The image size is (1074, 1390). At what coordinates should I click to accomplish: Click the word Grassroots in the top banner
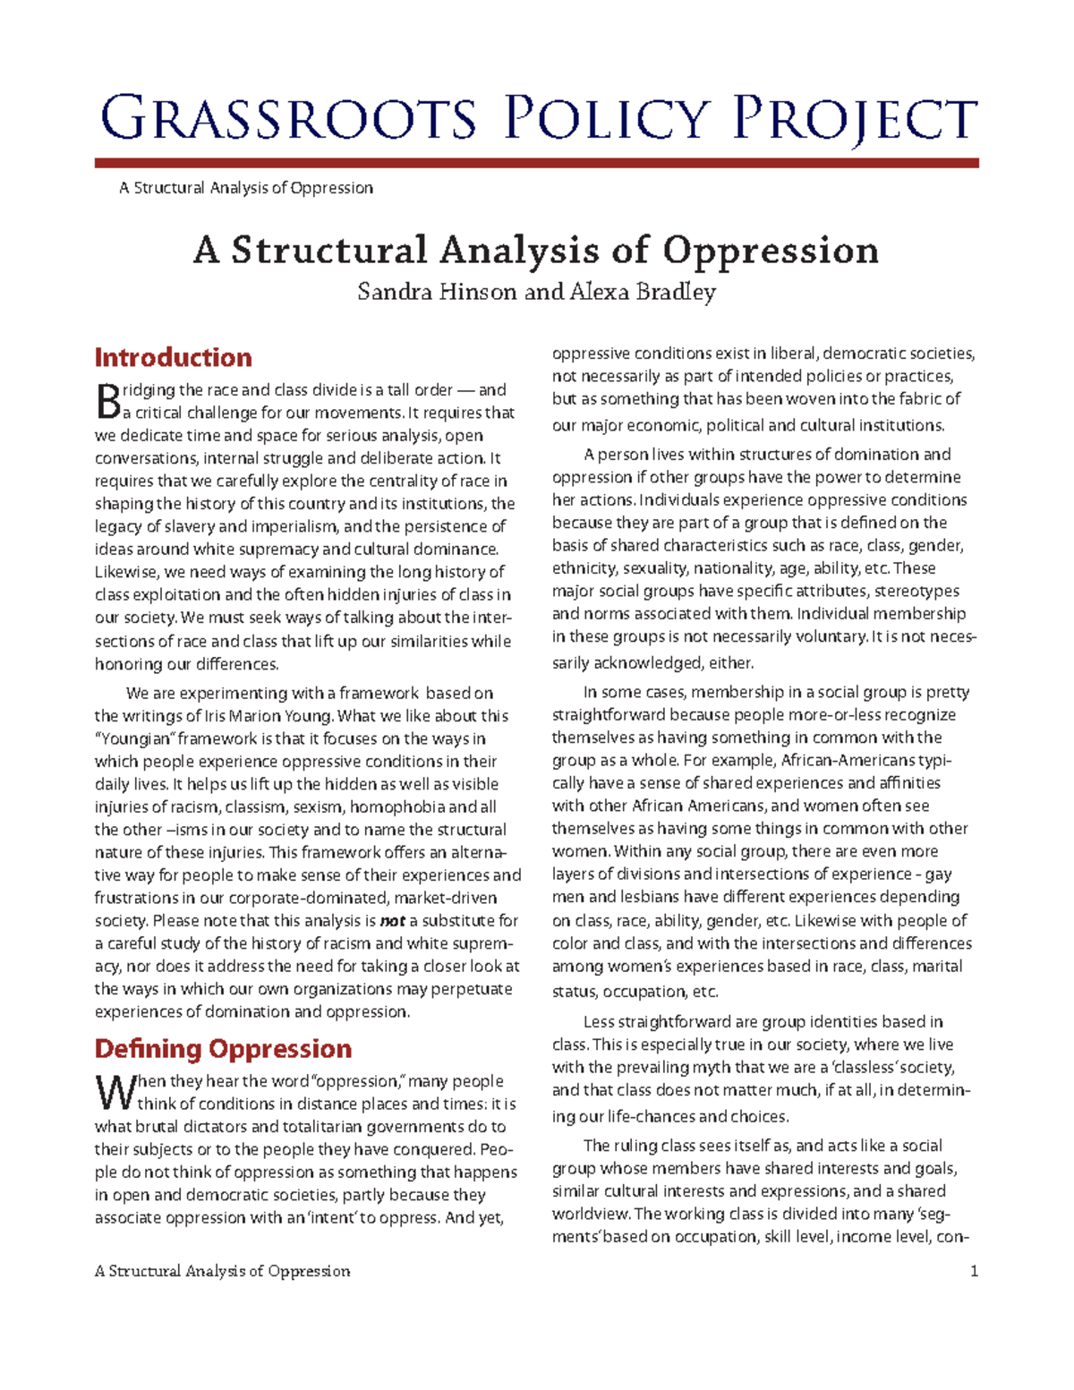point(288,119)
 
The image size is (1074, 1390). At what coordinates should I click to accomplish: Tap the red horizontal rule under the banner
point(536,163)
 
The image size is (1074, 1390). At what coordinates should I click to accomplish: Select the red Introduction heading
point(173,358)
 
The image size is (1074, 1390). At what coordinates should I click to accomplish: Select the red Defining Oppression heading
point(223,1049)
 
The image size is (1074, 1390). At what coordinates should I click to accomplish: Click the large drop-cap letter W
point(114,1093)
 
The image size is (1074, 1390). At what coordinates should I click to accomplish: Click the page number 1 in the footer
point(974,1271)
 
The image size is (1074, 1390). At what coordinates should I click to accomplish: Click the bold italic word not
point(392,921)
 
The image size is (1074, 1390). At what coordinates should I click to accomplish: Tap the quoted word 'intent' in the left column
point(333,1218)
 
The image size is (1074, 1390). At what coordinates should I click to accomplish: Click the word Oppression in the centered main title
point(770,251)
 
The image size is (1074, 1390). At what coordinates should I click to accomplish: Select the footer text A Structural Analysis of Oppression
point(222,1271)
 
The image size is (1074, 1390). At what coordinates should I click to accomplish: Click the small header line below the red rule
point(245,188)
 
